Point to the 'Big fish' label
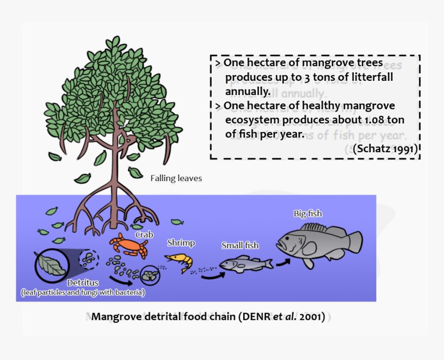(308, 214)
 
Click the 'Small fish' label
(240, 246)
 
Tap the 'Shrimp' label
(181, 243)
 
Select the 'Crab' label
(144, 234)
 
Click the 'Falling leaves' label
(176, 178)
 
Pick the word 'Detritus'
(83, 283)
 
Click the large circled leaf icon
(50, 265)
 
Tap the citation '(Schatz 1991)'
(385, 149)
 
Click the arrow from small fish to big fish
(282, 262)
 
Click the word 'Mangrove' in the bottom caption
(114, 317)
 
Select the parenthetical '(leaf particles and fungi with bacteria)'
(83, 292)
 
